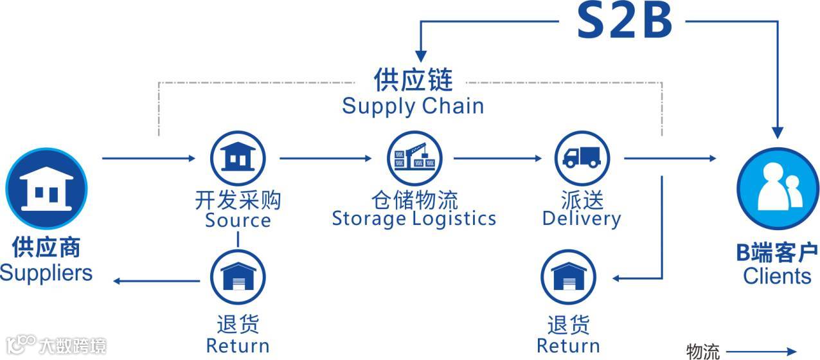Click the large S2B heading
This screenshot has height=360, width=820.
coord(623,21)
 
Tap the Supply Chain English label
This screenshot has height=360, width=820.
coord(413,105)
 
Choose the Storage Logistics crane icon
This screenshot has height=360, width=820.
coord(413,157)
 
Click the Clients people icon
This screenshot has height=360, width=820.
coord(777,187)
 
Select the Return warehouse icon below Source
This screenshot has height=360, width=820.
coord(238,276)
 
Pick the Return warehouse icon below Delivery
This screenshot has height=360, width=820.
coord(568,276)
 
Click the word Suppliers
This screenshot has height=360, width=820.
coord(46,273)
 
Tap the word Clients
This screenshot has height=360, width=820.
coord(777,276)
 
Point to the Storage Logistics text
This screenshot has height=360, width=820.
coord(414,219)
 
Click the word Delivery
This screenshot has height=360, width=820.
coord(582,219)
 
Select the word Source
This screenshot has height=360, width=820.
coord(238,221)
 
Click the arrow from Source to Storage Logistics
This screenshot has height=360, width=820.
coord(325,157)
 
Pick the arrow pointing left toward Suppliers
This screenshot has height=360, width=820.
coord(157,280)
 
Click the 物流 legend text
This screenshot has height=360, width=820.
coord(703,352)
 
